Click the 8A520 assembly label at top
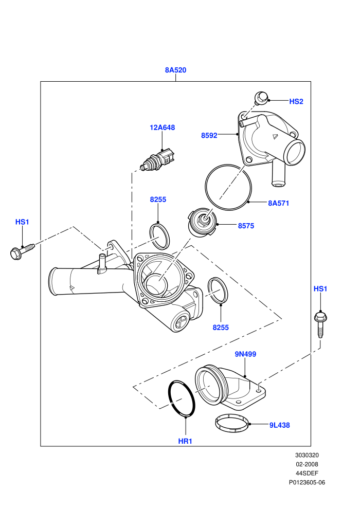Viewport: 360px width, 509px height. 175,70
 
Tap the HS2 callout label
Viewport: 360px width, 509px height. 296,101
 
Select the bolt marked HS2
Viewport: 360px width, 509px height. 261,98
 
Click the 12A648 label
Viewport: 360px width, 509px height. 162,128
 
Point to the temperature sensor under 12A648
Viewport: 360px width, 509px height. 158,160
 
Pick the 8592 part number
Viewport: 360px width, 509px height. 209,135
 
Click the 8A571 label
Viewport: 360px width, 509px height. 279,203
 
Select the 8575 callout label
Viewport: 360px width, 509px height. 246,226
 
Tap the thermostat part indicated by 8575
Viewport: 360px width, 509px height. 202,224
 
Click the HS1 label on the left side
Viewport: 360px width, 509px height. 22,222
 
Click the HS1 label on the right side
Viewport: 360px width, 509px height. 320,288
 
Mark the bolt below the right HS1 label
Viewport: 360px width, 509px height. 320,325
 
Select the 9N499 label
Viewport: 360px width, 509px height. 245,354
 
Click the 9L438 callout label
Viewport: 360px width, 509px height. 279,425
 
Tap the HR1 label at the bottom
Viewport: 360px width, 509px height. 185,441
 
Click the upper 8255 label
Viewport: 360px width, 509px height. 158,199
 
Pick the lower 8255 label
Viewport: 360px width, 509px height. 221,328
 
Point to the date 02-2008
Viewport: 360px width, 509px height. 307,465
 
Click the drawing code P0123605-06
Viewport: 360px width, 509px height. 307,483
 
